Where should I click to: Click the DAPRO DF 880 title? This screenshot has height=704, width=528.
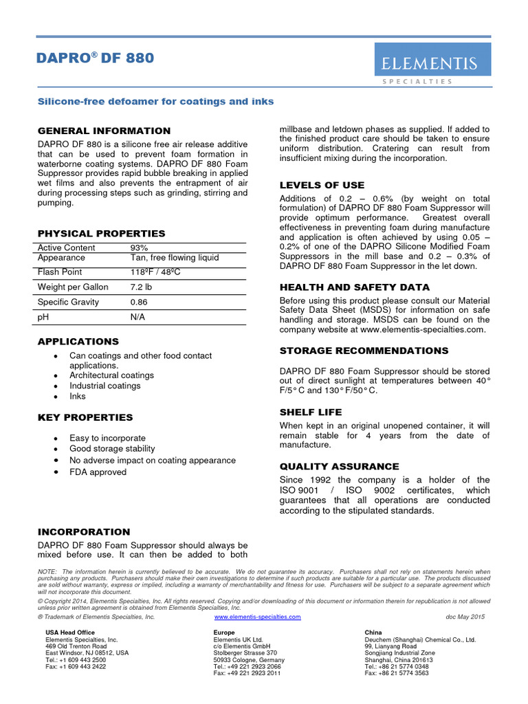(x=96, y=58)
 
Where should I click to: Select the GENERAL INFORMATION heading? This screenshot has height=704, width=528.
(x=104, y=131)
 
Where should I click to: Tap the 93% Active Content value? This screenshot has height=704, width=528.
(x=139, y=247)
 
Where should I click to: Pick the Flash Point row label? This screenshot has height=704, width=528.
(x=60, y=272)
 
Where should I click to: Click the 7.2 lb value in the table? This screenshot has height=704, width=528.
(x=142, y=287)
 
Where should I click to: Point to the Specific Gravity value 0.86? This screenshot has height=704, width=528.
(x=139, y=302)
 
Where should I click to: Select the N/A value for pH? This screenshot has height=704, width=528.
(x=137, y=318)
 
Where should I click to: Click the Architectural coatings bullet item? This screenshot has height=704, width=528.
(x=111, y=375)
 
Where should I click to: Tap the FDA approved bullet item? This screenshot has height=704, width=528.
(x=98, y=472)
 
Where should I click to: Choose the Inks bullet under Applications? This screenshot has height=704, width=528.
(x=78, y=396)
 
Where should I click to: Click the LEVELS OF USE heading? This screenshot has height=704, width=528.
(x=322, y=185)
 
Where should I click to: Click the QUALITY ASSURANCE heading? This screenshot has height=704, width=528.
(x=339, y=466)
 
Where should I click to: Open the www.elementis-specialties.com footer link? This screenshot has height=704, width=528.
(x=258, y=617)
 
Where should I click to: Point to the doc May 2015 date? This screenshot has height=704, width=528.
(x=465, y=617)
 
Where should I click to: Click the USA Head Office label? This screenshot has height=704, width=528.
(x=70, y=632)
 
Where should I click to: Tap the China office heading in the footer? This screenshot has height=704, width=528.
(x=373, y=632)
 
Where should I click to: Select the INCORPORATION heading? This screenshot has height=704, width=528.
(x=83, y=532)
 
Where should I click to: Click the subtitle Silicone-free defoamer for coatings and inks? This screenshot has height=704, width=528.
(x=155, y=102)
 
